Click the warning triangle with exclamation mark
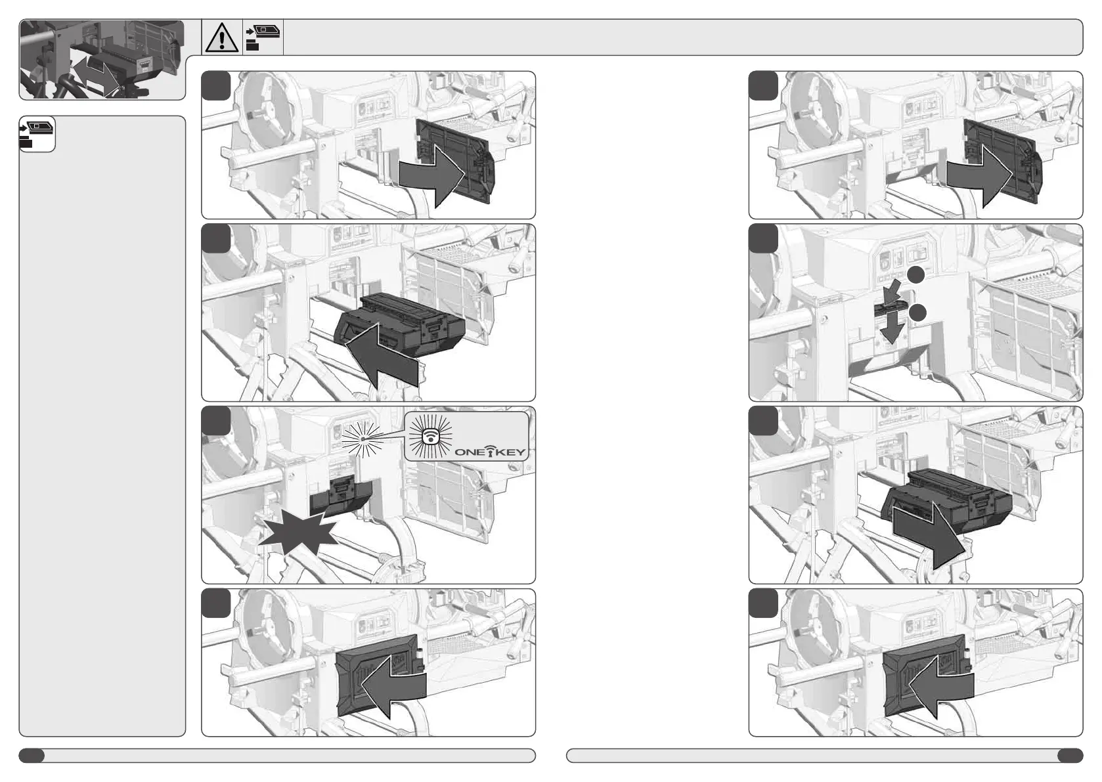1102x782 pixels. coord(222,37)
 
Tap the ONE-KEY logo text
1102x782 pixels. coord(490,451)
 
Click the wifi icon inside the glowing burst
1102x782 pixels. coord(431,436)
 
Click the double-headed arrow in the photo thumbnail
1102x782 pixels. coord(95,74)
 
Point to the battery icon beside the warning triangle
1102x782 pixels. coord(263,37)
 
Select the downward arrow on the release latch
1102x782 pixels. coord(892,328)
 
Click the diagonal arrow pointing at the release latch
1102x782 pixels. coord(893,293)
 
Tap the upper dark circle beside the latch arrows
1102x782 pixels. coord(916,275)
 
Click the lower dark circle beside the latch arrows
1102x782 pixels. coord(917,313)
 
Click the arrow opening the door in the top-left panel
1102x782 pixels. coord(432,178)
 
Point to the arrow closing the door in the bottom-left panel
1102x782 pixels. coord(393,686)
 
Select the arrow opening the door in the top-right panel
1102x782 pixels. coord(979,178)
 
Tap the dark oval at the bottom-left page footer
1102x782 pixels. coord(32,756)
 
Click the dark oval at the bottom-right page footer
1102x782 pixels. coord(1070,756)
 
